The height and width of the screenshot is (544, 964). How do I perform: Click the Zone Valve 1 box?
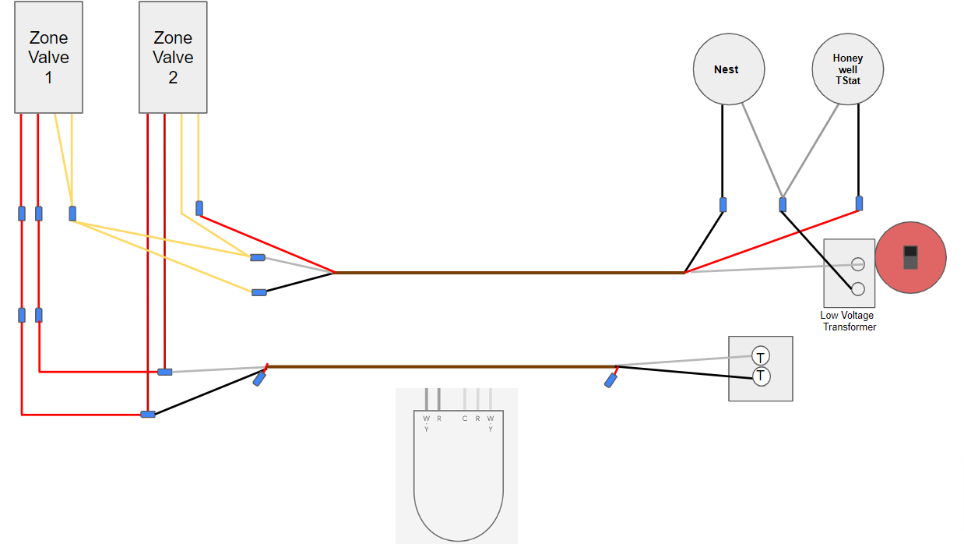[x=48, y=57]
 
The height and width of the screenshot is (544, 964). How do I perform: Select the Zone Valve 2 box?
[x=173, y=57]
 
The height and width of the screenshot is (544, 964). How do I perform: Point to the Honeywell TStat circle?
[x=847, y=69]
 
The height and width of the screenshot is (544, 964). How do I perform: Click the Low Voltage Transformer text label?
[x=847, y=321]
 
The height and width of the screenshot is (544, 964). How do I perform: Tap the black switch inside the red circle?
[x=910, y=256]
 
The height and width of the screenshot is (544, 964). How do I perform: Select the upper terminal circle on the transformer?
[x=858, y=264]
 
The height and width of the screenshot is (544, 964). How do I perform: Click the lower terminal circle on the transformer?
[x=858, y=289]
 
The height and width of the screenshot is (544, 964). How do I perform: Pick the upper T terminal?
[x=761, y=357]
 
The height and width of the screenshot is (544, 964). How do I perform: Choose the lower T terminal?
[x=761, y=376]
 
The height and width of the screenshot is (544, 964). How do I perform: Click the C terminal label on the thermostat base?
[x=465, y=419]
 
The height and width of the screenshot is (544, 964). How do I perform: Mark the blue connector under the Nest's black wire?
[x=723, y=204]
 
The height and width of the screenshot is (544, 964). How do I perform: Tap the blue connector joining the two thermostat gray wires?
[x=783, y=204]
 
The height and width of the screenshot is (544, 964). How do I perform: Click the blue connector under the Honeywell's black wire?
[x=859, y=203]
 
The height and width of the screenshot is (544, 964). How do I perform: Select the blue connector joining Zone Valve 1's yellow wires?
[x=72, y=213]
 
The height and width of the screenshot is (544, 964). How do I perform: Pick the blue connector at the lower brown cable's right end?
[x=611, y=380]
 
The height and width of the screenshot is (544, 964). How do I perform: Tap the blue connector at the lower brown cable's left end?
[x=259, y=379]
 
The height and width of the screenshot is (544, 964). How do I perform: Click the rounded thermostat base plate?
[x=458, y=483]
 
